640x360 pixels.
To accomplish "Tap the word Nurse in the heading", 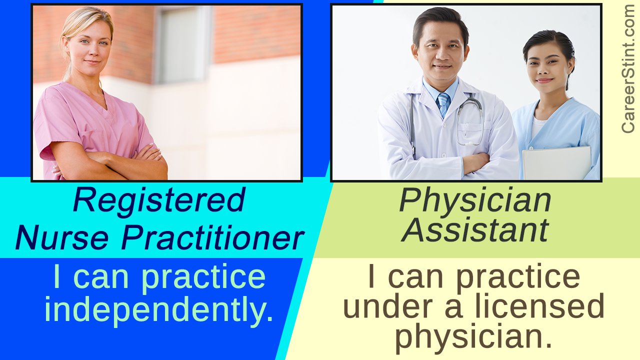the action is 62,237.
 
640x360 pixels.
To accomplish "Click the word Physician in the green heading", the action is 475,201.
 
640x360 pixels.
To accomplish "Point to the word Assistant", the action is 475,230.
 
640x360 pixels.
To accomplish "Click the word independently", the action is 159,310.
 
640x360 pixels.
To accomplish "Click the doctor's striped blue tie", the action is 443,104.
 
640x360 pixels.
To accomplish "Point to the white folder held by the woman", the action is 556,163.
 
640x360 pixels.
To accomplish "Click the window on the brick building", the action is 183,44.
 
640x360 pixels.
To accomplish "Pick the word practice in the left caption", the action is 203,277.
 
